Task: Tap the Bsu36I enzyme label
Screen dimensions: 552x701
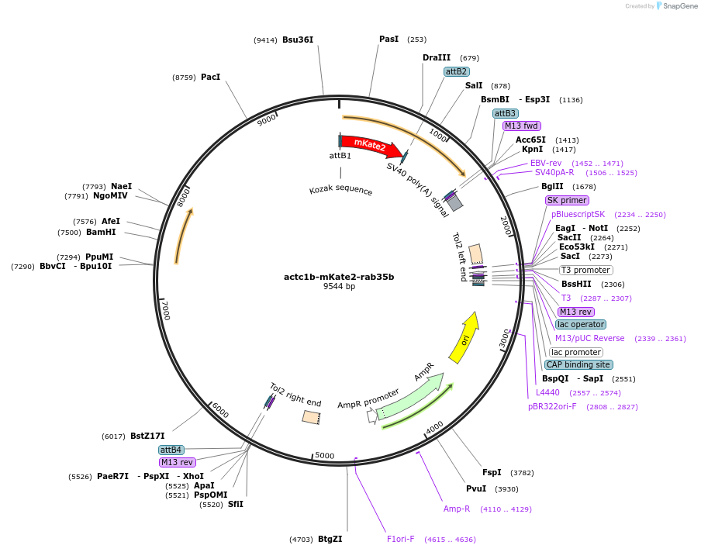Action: [x=298, y=40]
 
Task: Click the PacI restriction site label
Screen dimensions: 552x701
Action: [x=211, y=77]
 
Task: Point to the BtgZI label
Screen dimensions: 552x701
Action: [x=330, y=539]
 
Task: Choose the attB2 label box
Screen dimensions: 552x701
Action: [x=456, y=71]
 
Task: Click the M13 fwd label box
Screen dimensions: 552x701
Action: [x=521, y=126]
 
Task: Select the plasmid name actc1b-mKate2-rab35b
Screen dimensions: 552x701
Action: [x=339, y=277]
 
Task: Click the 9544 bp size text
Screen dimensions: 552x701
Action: [x=339, y=287]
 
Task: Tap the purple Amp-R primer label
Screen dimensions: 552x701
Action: [x=457, y=509]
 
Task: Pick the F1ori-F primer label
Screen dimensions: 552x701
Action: [x=401, y=539]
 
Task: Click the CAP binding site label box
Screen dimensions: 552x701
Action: [x=578, y=364]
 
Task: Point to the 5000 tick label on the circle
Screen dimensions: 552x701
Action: [x=324, y=456]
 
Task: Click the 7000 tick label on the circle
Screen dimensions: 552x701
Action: [x=164, y=310]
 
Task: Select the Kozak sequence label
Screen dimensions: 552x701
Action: [x=340, y=191]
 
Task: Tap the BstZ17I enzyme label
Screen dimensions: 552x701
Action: [x=147, y=436]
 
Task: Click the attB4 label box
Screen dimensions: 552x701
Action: [x=171, y=450]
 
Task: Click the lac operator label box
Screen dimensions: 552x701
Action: [x=581, y=324]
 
